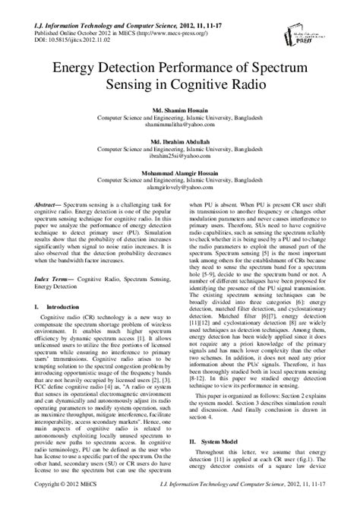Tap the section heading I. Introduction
57,327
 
